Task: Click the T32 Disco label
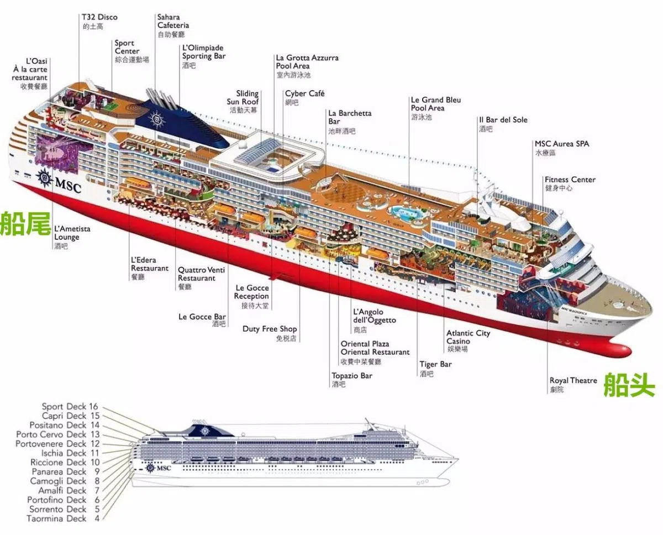[x=99, y=18]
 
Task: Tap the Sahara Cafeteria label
[x=173, y=22]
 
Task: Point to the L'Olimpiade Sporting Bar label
[x=204, y=52]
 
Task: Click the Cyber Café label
[x=304, y=94]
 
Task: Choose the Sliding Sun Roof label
[x=243, y=98]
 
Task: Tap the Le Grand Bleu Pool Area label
[x=435, y=104]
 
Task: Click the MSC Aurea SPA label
[x=561, y=144]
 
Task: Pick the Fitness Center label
[x=570, y=180]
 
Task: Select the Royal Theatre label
[x=573, y=381]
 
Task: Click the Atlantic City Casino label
[x=468, y=337]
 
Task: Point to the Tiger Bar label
[x=435, y=364]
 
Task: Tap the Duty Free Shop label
[x=270, y=329]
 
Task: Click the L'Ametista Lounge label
[x=72, y=233]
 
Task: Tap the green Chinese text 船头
[x=629, y=384]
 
